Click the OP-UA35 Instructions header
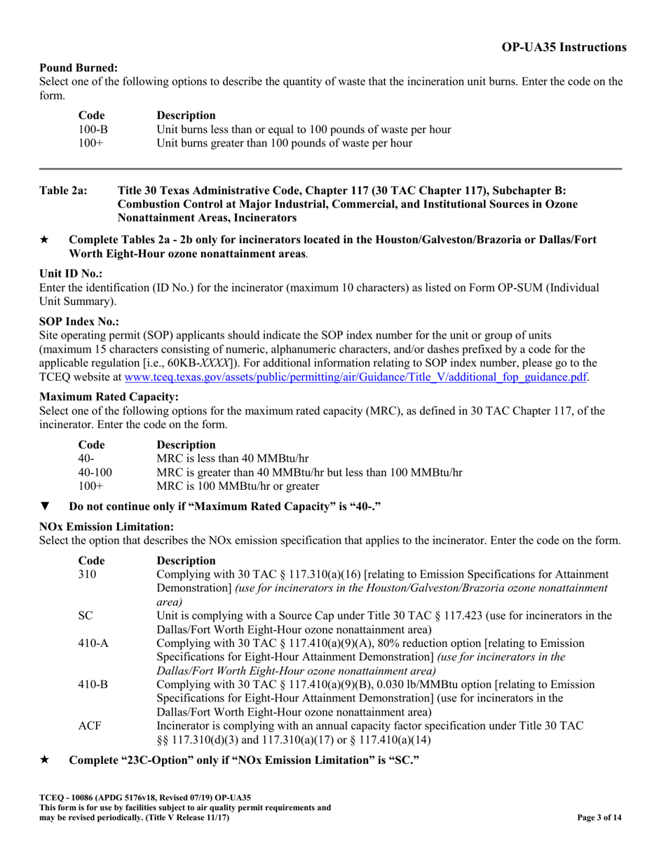point(564,48)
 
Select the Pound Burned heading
point(79,68)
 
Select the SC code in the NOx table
point(86,615)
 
